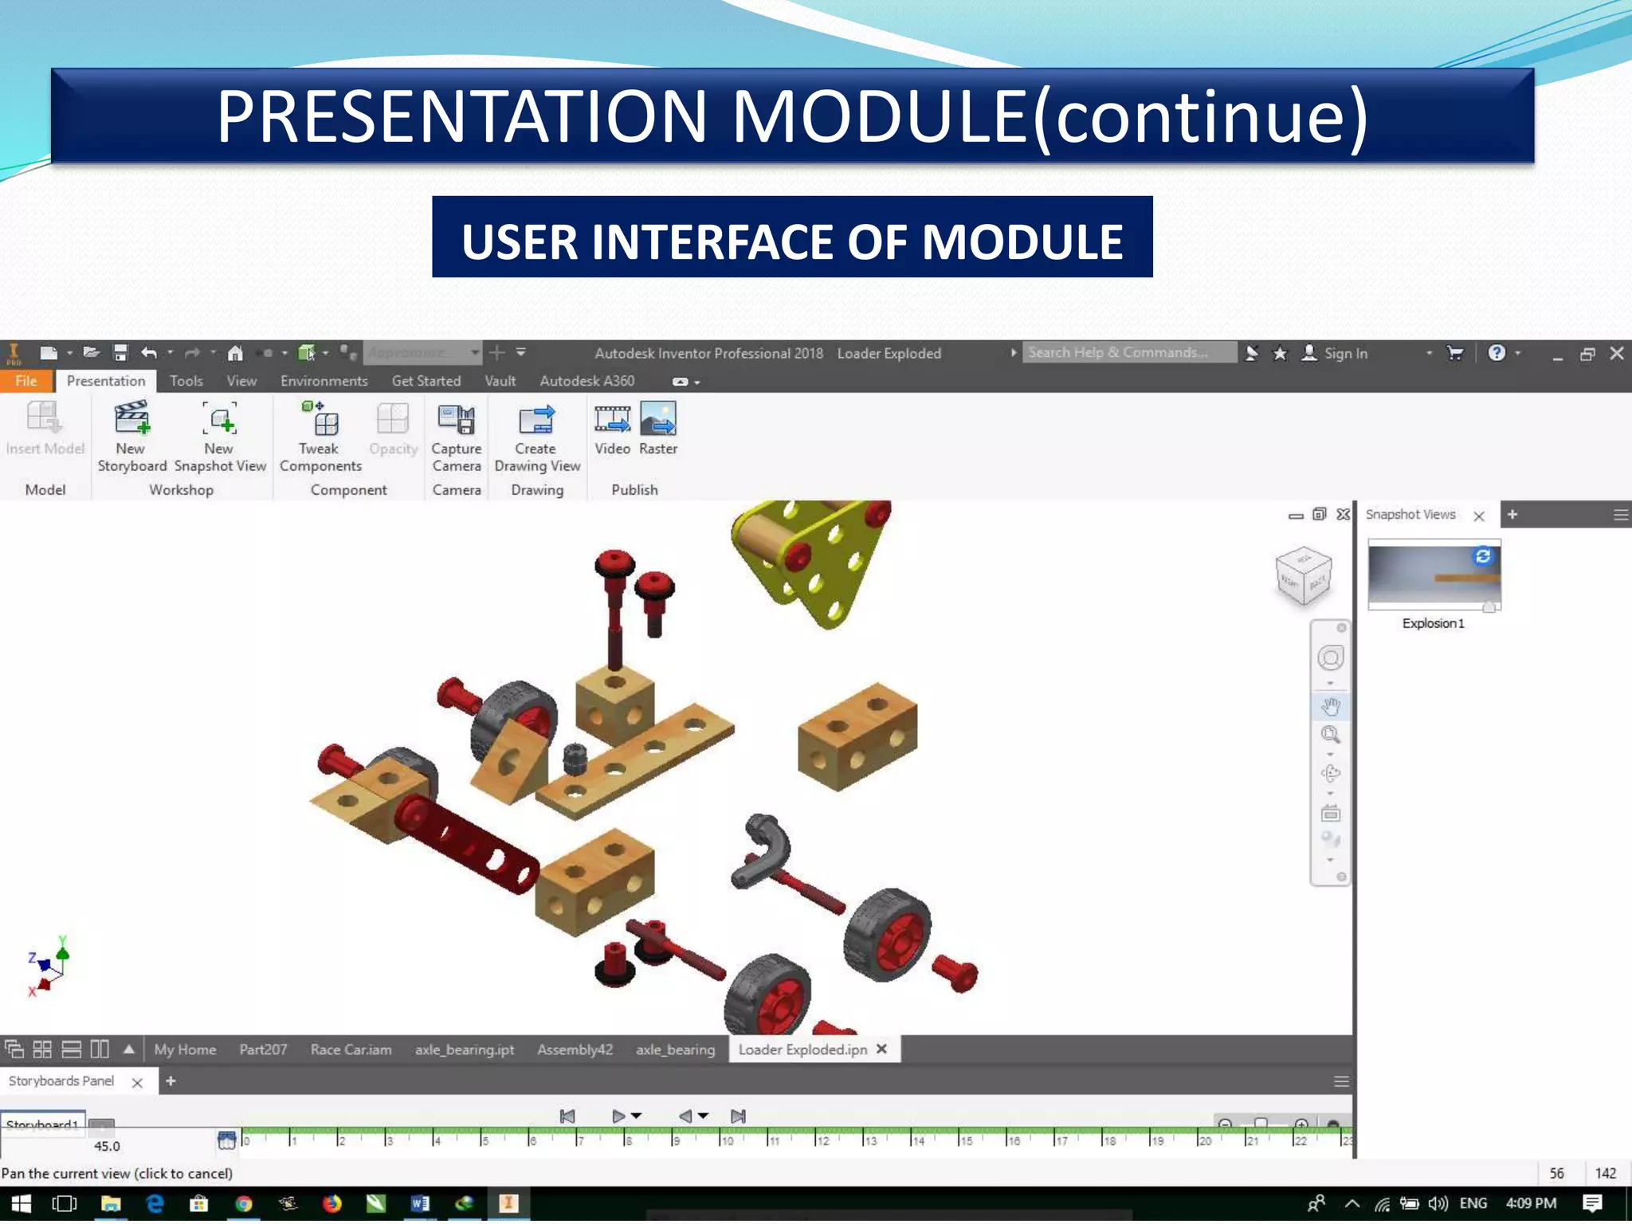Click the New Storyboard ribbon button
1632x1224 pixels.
pyautogui.click(x=131, y=435)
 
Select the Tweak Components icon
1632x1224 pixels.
pyautogui.click(x=320, y=435)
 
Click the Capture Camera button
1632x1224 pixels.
pyautogui.click(x=456, y=435)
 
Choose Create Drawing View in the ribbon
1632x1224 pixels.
pyautogui.click(x=536, y=435)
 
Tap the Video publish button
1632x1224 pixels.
pyautogui.click(x=612, y=428)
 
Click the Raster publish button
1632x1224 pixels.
pyautogui.click(x=658, y=428)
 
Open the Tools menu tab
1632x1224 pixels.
pyautogui.click(x=186, y=381)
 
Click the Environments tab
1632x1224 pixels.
pyautogui.click(x=324, y=381)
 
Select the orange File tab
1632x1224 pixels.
pyautogui.click(x=26, y=381)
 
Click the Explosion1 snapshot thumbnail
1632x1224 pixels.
pyautogui.click(x=1434, y=575)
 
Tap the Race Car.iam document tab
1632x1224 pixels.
pyautogui.click(x=351, y=1049)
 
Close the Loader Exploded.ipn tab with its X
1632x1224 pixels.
pyautogui.click(x=881, y=1049)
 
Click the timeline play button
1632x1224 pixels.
pyautogui.click(x=618, y=1116)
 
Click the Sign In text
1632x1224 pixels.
pyautogui.click(x=1345, y=353)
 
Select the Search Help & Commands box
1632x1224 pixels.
pyautogui.click(x=1127, y=352)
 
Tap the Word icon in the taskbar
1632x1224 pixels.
pyautogui.click(x=420, y=1203)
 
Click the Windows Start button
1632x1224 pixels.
pyautogui.click(x=21, y=1203)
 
